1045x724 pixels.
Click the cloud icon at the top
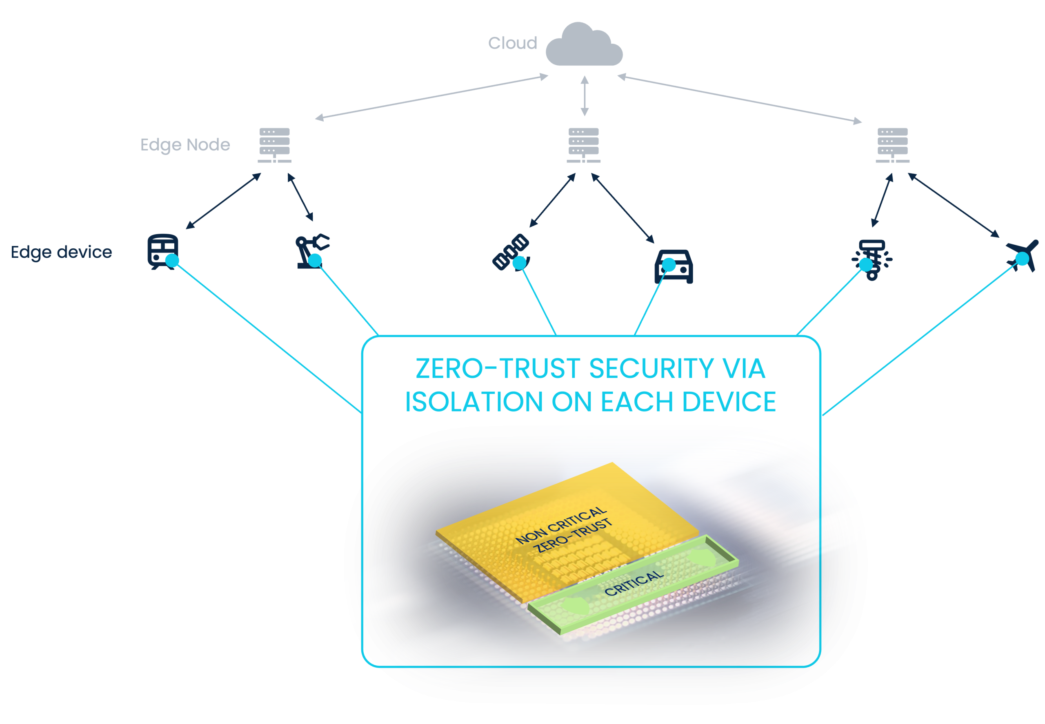pos(584,45)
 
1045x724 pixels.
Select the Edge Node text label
pos(185,145)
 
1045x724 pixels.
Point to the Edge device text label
pos(61,252)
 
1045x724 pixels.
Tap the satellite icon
pos(511,252)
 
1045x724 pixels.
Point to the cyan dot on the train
pos(172,260)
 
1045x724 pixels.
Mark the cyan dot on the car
pos(669,265)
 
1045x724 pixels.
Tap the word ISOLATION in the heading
pos(474,402)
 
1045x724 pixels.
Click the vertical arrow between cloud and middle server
pos(585,96)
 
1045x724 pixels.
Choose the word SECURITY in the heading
pos(651,368)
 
